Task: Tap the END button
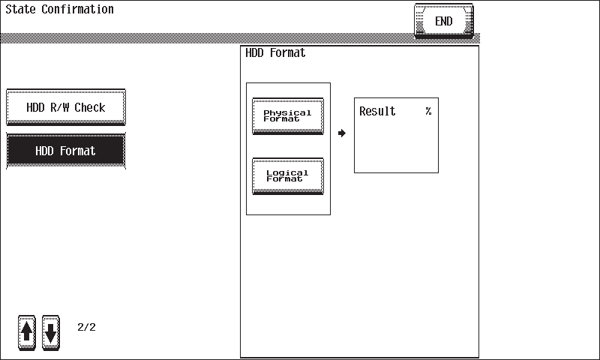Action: (444, 21)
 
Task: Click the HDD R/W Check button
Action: (66, 107)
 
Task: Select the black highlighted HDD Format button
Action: (66, 151)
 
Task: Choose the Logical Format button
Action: (288, 176)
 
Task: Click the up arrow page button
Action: (27, 332)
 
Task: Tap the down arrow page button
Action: (51, 332)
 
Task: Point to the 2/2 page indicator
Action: (86, 327)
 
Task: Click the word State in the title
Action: (21, 9)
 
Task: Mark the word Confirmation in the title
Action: (78, 9)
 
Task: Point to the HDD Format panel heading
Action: (275, 52)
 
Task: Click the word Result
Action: (377, 111)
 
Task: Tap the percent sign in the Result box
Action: (428, 111)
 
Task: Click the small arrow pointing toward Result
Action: (342, 133)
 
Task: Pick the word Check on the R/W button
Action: (90, 107)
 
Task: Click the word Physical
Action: (287, 112)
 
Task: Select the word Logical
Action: (287, 173)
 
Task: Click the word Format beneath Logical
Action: (284, 179)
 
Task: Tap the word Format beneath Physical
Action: (281, 119)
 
